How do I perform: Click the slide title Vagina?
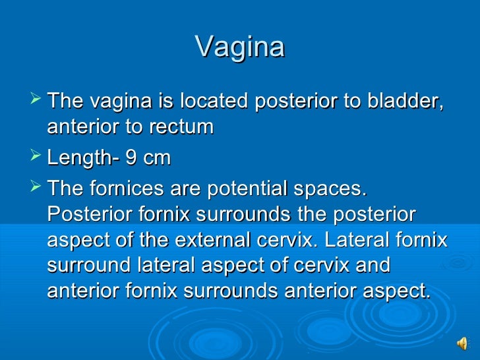click(240, 47)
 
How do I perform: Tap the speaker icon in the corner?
click(463, 344)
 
